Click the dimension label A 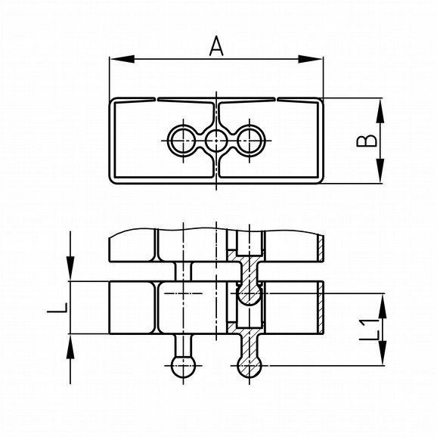pos(216,46)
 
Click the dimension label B pos(367,141)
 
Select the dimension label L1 pos(369,330)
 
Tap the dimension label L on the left pos(57,308)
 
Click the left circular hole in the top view pos(183,141)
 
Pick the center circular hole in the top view pos(216,141)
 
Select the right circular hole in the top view pos(249,141)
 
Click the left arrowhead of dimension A pos(122,59)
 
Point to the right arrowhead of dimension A pos(311,59)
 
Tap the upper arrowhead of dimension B pos(380,110)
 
